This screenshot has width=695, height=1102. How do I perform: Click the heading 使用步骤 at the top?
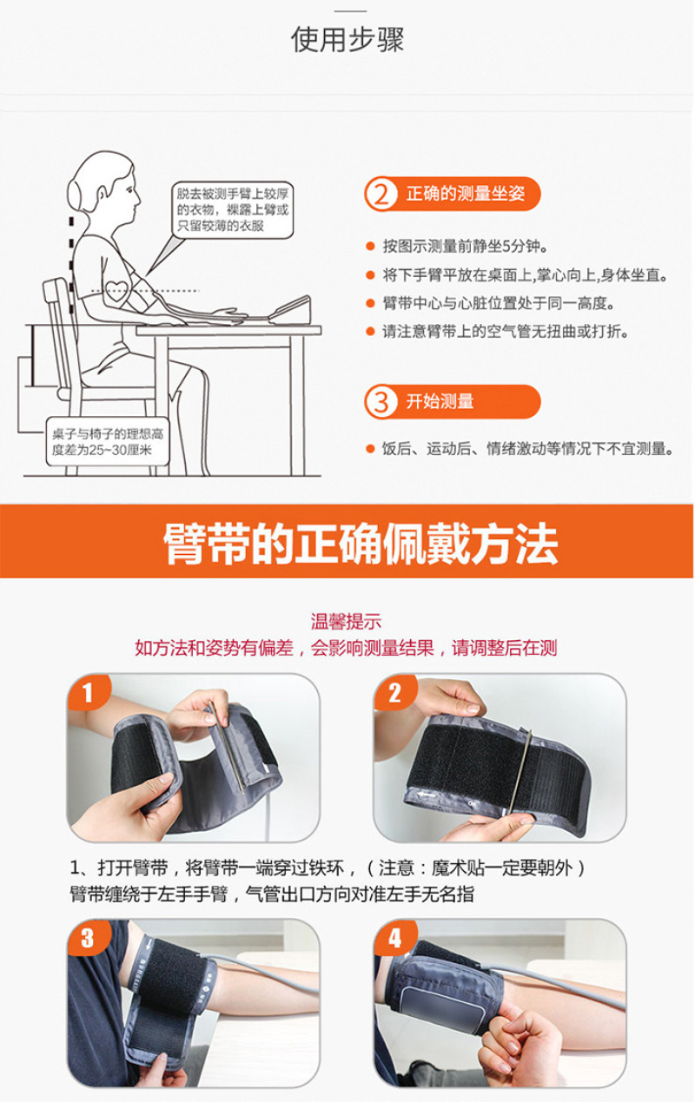[347, 39]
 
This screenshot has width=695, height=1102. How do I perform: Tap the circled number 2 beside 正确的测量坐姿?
[381, 195]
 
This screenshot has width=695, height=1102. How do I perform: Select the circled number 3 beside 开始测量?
[381, 402]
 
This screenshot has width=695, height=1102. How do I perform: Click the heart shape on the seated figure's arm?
[116, 290]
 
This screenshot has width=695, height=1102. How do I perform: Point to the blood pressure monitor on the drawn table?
[290, 311]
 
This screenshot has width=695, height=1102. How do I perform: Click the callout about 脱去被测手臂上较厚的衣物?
[232, 210]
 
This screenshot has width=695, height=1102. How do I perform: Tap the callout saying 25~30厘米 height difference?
[108, 442]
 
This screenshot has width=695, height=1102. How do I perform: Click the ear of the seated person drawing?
[102, 195]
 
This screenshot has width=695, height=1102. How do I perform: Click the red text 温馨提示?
[346, 622]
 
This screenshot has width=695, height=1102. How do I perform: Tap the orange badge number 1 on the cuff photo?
[88, 692]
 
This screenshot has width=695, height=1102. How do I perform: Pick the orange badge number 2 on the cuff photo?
[394, 692]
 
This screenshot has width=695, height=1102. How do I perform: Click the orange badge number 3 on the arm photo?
[88, 938]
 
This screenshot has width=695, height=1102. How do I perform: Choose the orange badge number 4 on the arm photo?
[394, 938]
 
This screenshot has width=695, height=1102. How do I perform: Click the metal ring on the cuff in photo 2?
[520, 772]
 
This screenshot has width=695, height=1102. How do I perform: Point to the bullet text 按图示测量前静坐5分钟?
[465, 246]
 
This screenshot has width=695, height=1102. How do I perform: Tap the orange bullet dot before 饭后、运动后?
[371, 449]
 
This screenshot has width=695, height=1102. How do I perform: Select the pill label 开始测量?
[453, 402]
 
